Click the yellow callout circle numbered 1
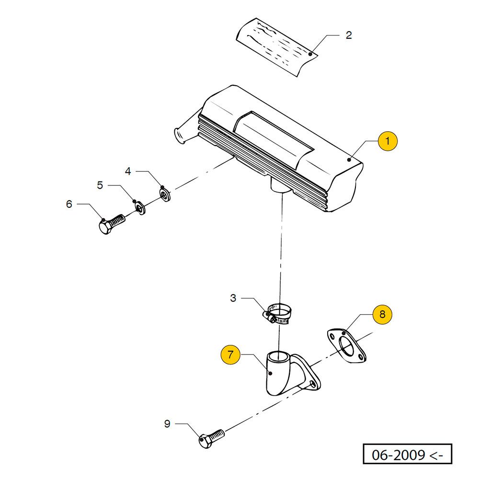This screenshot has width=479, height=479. pyautogui.click(x=388, y=141)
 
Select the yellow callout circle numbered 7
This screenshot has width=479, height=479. pyautogui.click(x=230, y=355)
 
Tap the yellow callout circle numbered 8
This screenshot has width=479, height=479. pyautogui.click(x=382, y=314)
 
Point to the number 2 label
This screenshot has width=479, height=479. pyautogui.click(x=349, y=35)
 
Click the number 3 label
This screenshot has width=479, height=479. pyautogui.click(x=233, y=298)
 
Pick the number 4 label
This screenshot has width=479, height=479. pyautogui.click(x=128, y=171)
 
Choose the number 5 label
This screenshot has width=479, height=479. pyautogui.click(x=100, y=185)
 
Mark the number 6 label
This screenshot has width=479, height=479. pyautogui.click(x=69, y=204)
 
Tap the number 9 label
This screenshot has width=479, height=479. pyautogui.click(x=167, y=423)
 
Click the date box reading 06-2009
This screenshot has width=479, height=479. pyautogui.click(x=407, y=454)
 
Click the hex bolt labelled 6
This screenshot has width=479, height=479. pyautogui.click(x=111, y=224)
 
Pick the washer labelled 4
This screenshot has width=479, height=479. pyautogui.click(x=165, y=194)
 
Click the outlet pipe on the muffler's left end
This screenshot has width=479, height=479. pyautogui.click(x=181, y=136)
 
